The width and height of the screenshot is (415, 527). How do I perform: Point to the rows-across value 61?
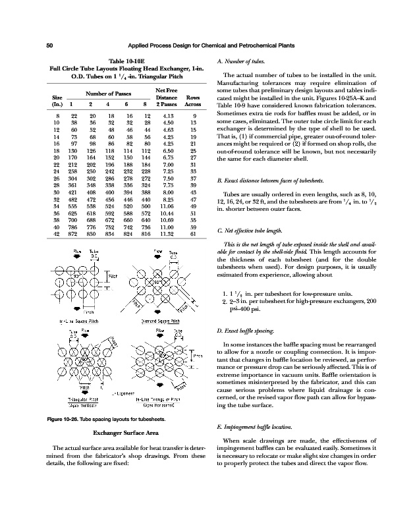click(193, 234)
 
